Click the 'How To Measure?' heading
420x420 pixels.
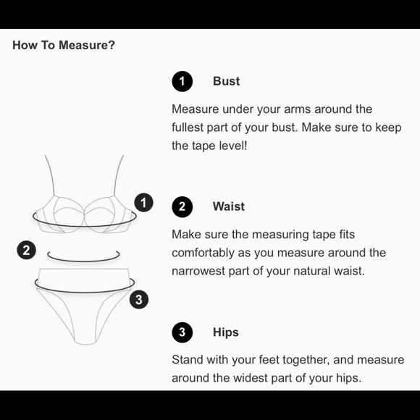pos(64,45)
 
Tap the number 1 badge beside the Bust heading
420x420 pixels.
pos(182,81)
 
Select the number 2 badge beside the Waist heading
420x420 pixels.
pos(182,207)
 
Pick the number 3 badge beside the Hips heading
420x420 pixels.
pos(182,332)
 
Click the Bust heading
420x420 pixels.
pos(227,81)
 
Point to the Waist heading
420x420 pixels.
pos(229,206)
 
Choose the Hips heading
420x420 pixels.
pos(226,332)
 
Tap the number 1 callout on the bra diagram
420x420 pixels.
pos(144,203)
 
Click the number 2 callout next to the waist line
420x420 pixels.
pos(27,251)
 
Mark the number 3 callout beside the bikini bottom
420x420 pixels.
pos(139,300)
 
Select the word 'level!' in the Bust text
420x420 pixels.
pos(233,146)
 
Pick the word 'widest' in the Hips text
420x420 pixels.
pos(250,378)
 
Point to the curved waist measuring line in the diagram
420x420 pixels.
pos(83,261)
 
